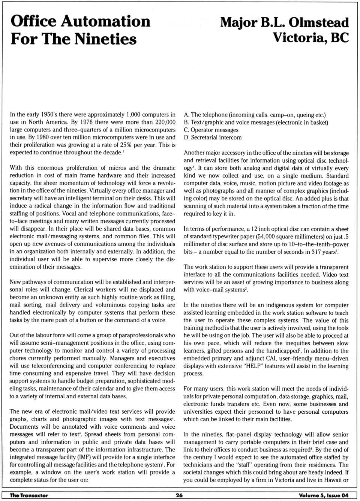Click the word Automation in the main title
105,21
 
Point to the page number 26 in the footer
179,495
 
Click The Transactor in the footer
29,495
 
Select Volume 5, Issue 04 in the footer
324,495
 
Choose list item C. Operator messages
211,130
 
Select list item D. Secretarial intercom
213,138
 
